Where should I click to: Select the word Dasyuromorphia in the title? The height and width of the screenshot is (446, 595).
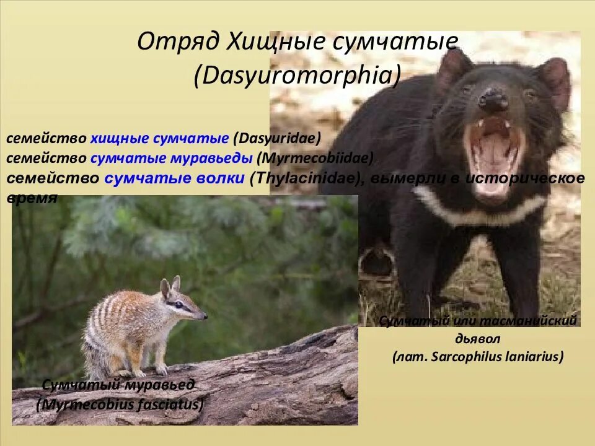tap(297, 76)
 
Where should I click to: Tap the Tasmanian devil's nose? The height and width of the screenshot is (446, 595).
tap(492, 100)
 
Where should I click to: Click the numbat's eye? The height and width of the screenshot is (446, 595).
tap(180, 304)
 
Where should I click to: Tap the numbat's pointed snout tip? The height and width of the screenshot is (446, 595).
tap(205, 317)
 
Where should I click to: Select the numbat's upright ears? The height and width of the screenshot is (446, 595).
tap(169, 287)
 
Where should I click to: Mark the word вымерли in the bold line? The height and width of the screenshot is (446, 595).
tap(396, 179)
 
